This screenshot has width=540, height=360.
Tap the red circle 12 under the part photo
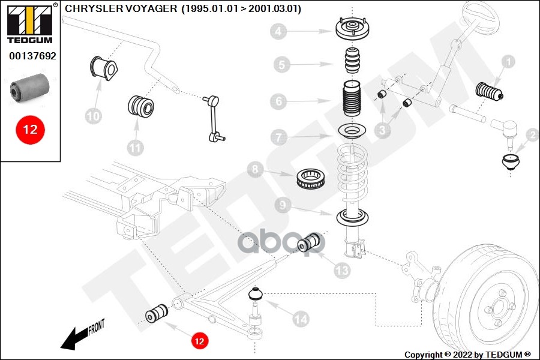coord(30,129)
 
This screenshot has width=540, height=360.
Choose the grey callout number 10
coord(94,116)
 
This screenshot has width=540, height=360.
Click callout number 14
coord(301,319)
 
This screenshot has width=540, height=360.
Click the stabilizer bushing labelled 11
coord(142,106)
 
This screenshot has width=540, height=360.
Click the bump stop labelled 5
coord(350,62)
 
